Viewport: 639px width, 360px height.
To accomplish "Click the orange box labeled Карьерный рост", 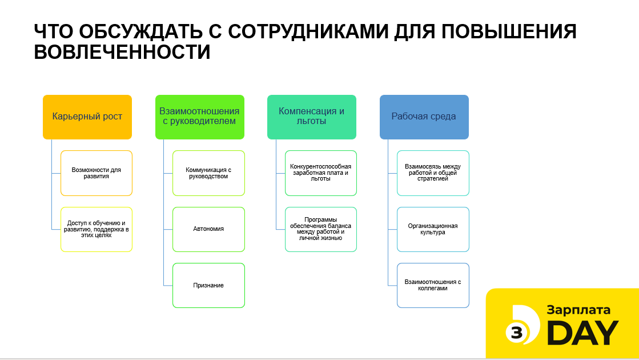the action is click(x=87, y=117).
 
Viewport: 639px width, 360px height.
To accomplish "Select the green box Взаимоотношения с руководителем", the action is click(x=200, y=117).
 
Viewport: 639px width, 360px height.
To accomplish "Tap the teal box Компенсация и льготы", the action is click(x=312, y=117).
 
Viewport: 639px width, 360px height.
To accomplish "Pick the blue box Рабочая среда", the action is click(x=424, y=117).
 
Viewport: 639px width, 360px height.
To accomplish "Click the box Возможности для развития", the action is click(x=97, y=173).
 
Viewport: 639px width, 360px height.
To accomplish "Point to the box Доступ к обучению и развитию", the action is click(x=97, y=230).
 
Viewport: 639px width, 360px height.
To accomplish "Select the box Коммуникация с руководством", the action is click(x=208, y=173).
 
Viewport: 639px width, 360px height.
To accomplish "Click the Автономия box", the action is click(x=208, y=230).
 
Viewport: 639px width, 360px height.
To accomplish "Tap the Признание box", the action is click(x=208, y=285).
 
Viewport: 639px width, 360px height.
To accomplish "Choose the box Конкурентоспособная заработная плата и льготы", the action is click(x=321, y=173).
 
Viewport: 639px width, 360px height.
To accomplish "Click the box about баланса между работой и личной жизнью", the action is click(x=321, y=230).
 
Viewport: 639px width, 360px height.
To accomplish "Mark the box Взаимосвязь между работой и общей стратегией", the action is click(x=433, y=173).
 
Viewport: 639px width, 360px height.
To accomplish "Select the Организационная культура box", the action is click(x=433, y=230).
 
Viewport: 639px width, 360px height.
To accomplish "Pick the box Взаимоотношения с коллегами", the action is click(x=433, y=285).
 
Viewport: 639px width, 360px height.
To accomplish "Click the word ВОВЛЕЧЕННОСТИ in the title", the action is click(x=122, y=53).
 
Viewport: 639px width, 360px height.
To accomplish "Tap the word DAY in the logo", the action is click(x=583, y=333).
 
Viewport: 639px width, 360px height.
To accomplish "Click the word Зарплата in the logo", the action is click(x=578, y=310).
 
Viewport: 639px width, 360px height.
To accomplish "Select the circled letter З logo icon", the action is click(x=517, y=333).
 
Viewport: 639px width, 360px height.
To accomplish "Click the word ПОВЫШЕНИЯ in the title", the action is click(x=509, y=31).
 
